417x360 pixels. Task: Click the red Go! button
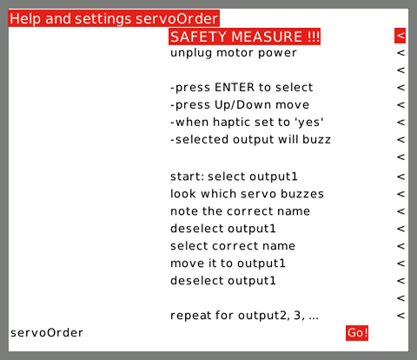coord(357,333)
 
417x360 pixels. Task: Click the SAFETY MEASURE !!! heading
coord(244,37)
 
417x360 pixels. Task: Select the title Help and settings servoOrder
coord(114,18)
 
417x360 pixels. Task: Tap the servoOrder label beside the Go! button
coord(47,333)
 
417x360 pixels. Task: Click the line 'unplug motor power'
coord(234,53)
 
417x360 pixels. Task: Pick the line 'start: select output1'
coord(234,177)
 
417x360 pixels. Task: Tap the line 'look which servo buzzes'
coord(247,194)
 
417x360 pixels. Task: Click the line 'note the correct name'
coord(240,211)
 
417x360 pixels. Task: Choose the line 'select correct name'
coord(233,246)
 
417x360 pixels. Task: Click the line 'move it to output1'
coord(228,263)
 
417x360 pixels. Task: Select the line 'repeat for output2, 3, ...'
coord(244,316)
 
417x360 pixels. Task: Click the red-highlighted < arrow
coord(400,36)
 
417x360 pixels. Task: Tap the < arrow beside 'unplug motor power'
coord(400,53)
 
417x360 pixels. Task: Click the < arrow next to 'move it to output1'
coord(400,263)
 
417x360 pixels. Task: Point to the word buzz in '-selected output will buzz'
coord(316,139)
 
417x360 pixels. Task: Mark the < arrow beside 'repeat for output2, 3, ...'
coord(400,316)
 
